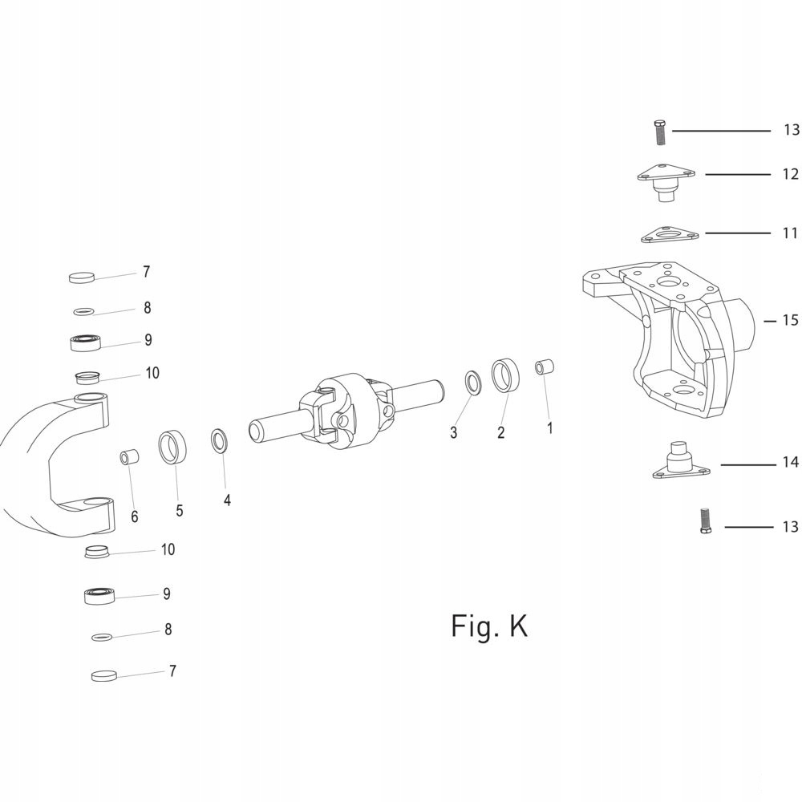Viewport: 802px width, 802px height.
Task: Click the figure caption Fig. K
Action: [489, 626]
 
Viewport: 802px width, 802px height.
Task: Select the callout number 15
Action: [790, 321]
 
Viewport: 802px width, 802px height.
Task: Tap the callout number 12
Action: [790, 174]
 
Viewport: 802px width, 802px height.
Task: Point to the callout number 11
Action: [790, 233]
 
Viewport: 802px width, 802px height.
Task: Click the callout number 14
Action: [790, 463]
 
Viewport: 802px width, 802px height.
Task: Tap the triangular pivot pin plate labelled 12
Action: [665, 181]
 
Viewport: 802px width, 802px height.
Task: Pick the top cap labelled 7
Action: [82, 277]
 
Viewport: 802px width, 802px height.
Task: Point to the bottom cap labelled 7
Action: [104, 675]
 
